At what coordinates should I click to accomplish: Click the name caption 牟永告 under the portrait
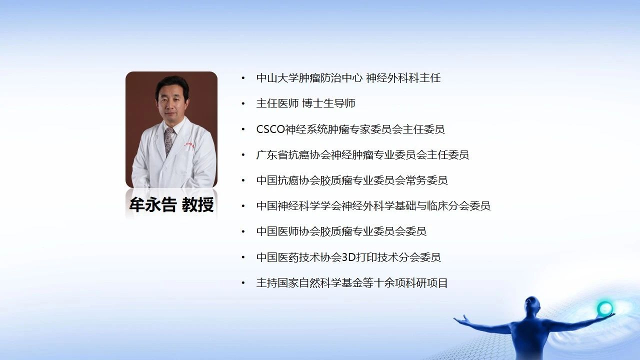(153, 204)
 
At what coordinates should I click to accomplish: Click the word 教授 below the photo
(197, 204)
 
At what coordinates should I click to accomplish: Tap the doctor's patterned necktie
(168, 141)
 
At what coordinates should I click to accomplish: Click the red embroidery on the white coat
(189, 145)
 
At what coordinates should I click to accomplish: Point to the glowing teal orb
(605, 308)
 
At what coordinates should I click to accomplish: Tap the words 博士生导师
(328, 103)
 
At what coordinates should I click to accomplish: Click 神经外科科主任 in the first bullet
(403, 78)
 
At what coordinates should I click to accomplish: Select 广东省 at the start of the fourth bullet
(272, 155)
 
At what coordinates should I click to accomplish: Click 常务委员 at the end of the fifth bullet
(426, 180)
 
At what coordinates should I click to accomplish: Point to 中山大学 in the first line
(277, 78)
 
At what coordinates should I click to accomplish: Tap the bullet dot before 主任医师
(243, 103)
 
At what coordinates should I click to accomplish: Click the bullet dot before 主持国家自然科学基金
(243, 283)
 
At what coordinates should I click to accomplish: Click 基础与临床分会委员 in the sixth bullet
(442, 205)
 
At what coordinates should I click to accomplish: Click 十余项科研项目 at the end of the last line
(410, 283)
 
